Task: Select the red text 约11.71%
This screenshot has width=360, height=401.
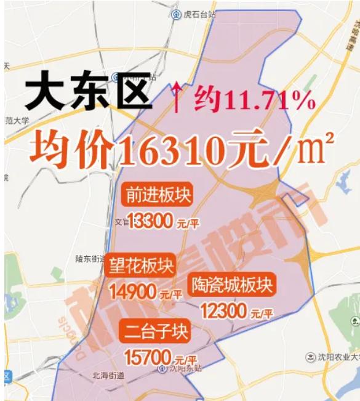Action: [255, 99]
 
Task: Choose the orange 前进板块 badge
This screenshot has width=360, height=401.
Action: [158, 195]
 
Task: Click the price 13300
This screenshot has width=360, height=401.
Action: [149, 221]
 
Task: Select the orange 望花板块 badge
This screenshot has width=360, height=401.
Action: [142, 265]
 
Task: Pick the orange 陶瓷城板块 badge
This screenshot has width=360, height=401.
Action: [231, 285]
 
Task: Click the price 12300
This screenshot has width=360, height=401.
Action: [223, 310]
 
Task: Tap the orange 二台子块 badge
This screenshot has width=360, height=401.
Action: [155, 331]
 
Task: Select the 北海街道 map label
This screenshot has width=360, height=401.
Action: [108, 375]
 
